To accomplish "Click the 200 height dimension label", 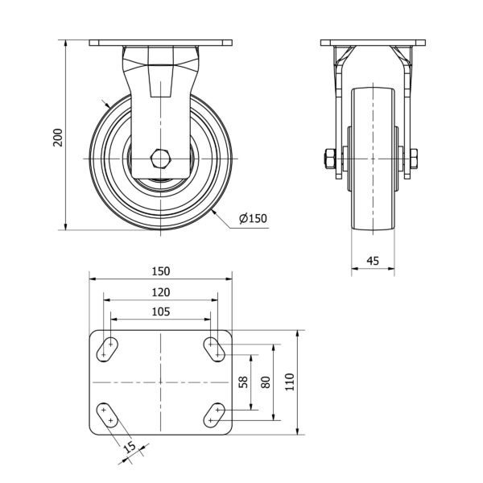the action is tap(58, 138).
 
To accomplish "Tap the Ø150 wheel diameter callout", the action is tap(253, 218).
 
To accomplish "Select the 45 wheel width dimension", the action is tap(373, 261).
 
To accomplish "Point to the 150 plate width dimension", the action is tap(161, 271).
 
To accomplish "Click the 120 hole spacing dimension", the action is tap(161, 292).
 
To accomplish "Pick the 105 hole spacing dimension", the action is tap(161, 312).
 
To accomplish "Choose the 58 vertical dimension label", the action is tap(243, 382).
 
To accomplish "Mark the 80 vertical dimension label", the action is tap(266, 382).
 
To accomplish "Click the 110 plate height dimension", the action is tap(290, 382).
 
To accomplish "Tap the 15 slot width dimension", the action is tap(131, 446).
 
